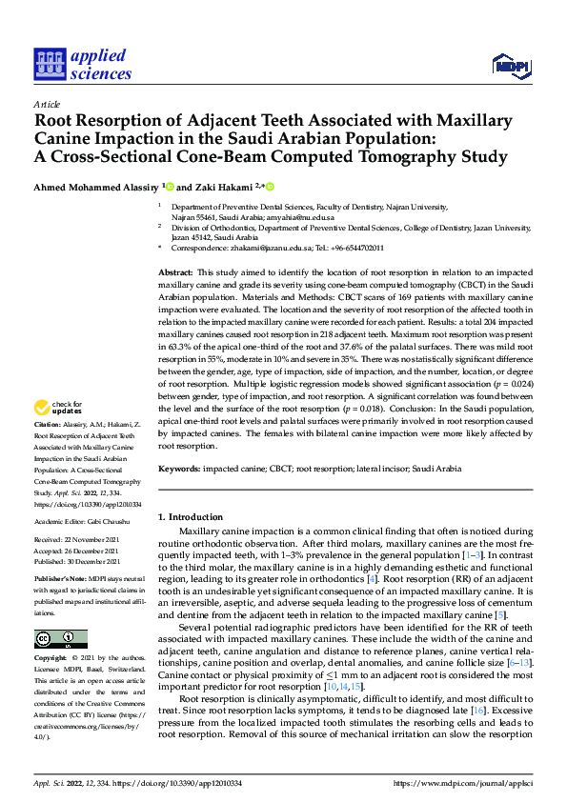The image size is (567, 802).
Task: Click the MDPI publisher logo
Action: [510, 65]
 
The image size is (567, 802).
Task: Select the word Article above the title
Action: [47, 104]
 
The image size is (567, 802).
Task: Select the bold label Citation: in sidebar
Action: [49, 451]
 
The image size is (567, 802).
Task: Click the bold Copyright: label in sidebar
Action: [53, 658]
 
